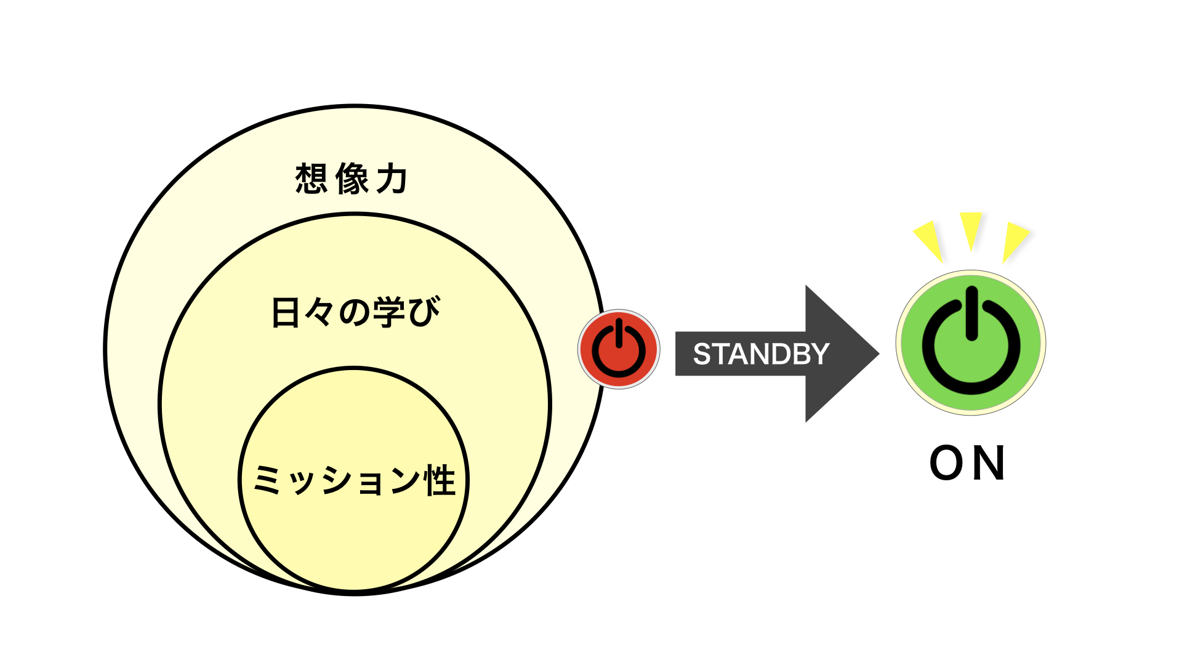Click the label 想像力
point(351,179)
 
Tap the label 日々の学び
point(356,312)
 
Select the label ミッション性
point(355,480)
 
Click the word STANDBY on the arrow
point(762,354)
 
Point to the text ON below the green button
point(967,463)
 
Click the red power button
point(619,349)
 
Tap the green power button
point(971,343)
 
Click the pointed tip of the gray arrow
point(879,353)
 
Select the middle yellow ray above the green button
point(971,231)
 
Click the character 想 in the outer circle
point(311,179)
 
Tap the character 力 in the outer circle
point(392,179)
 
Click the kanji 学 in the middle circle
point(390,312)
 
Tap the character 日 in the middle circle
point(286,312)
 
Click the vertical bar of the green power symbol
point(971,313)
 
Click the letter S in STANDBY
point(702,354)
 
